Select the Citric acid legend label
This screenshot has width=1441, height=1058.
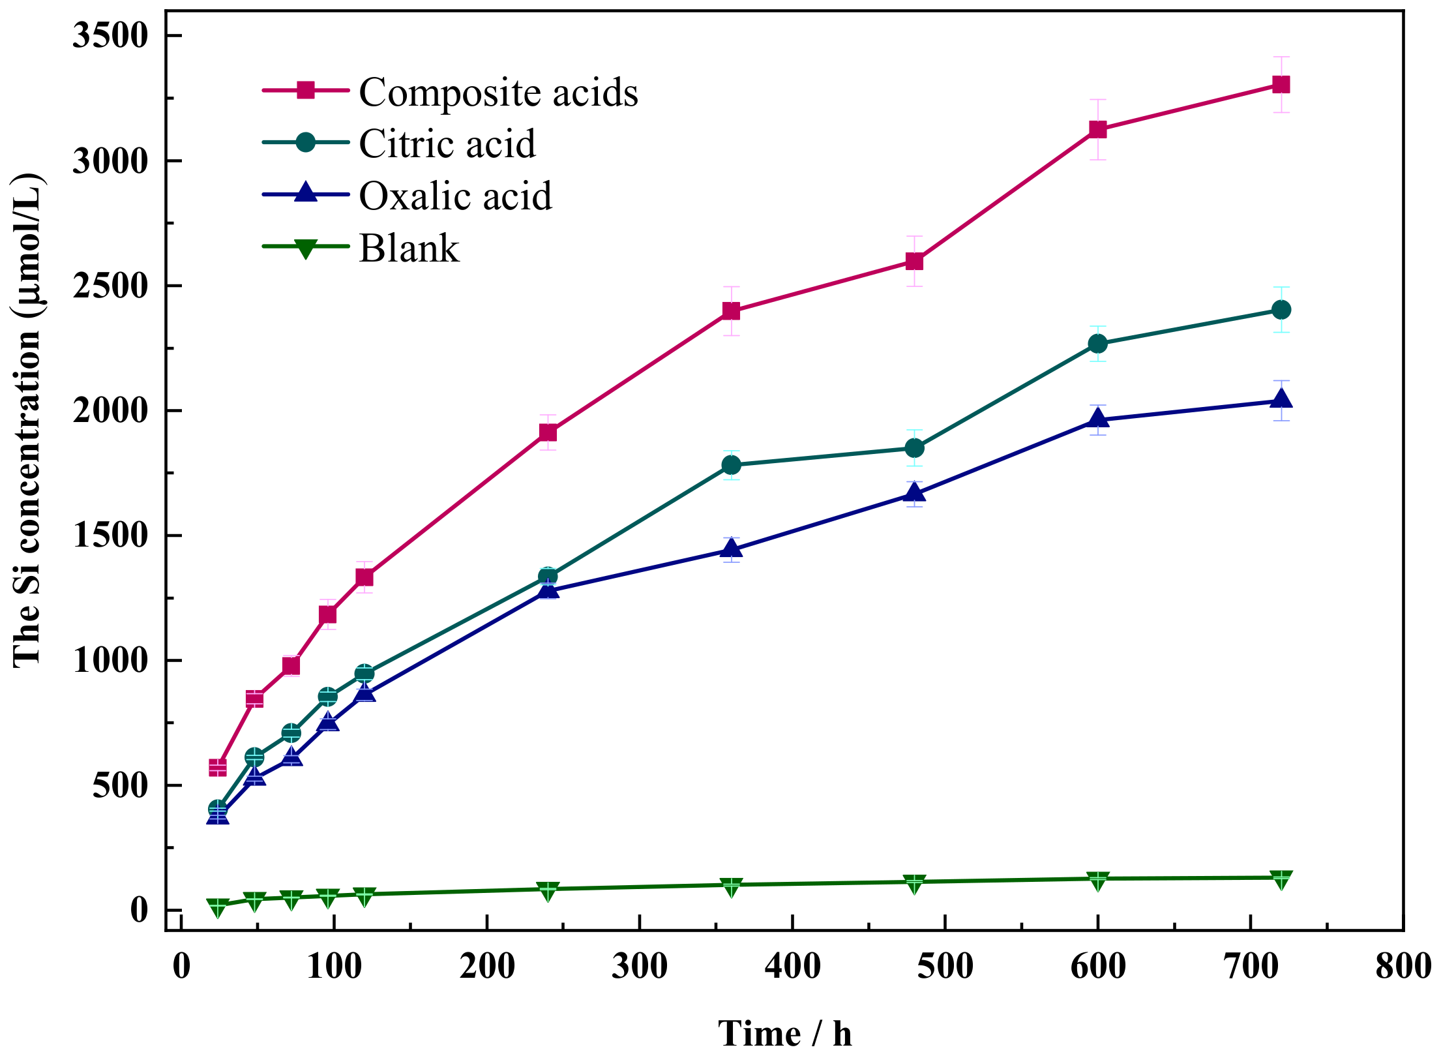[447, 144]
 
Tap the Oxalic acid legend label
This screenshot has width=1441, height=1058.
[455, 196]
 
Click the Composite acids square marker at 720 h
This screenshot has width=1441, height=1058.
[1281, 85]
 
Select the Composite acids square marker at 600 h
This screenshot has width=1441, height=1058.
[1098, 129]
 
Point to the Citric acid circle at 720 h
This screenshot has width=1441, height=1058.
[1281, 310]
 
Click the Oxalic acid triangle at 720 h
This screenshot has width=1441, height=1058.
[1281, 399]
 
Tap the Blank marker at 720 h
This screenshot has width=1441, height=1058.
[1281, 879]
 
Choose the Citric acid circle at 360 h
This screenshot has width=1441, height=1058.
[732, 465]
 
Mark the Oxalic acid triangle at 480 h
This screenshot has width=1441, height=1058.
[914, 493]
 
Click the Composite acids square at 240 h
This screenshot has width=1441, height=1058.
[548, 432]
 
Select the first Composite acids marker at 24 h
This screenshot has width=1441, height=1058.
[218, 767]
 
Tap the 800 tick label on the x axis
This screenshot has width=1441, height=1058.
[1402, 966]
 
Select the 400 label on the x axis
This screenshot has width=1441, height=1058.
[792, 966]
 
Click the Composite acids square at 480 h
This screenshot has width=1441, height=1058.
[914, 262]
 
